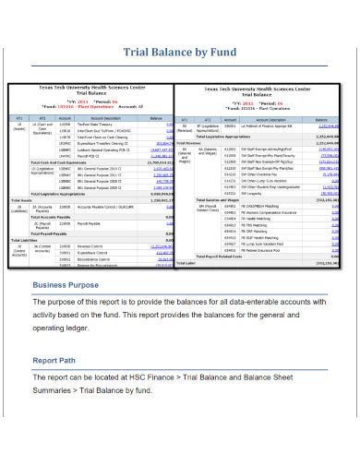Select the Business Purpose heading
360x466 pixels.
(67, 286)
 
